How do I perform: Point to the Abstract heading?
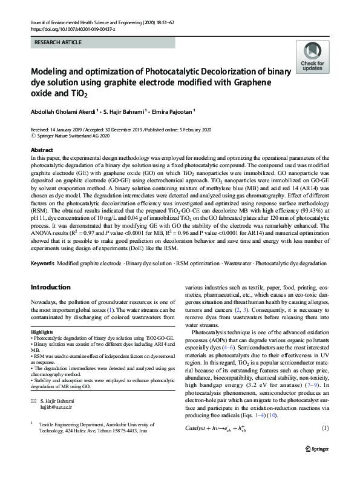click(42, 150)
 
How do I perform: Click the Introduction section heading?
click(50, 287)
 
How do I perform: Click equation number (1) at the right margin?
click(324, 429)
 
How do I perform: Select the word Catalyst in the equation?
click(198, 429)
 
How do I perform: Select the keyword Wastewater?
click(237, 264)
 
